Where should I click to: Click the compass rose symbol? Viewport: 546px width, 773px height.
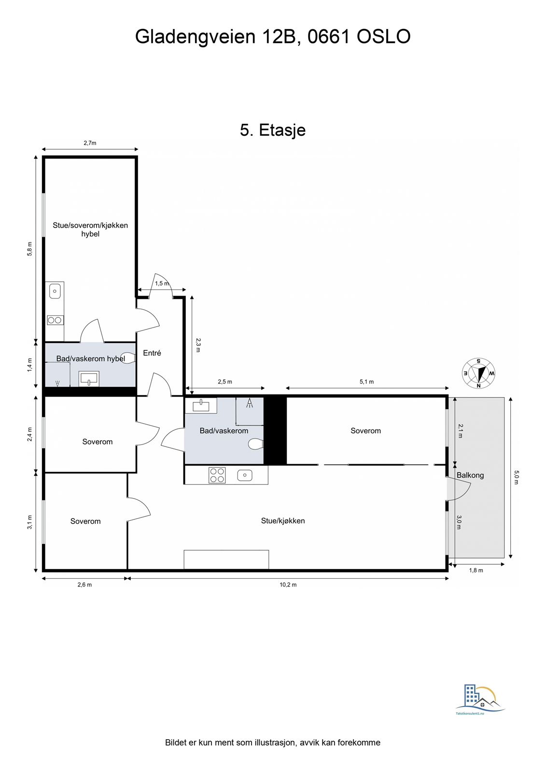pyautogui.click(x=478, y=373)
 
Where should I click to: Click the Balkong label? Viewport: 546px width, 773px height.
pyautogui.click(x=470, y=475)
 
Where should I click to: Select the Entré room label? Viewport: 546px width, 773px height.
pyautogui.click(x=152, y=353)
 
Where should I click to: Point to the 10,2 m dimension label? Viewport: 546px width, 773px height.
pyautogui.click(x=288, y=585)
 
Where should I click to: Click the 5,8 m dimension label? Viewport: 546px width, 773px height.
pyautogui.click(x=30, y=249)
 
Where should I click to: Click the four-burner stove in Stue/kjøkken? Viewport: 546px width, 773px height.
pyautogui.click(x=217, y=475)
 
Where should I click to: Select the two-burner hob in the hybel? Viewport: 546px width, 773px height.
pyautogui.click(x=55, y=320)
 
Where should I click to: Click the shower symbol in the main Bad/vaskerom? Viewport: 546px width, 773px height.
pyautogui.click(x=250, y=403)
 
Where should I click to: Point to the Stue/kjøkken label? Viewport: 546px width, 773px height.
pyautogui.click(x=283, y=521)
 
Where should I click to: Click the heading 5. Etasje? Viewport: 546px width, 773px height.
pyautogui.click(x=273, y=130)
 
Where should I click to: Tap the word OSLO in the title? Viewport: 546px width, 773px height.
pyautogui.click(x=383, y=37)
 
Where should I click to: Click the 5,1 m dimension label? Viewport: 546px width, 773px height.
pyautogui.click(x=366, y=382)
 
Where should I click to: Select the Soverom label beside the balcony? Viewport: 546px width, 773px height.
pyautogui.click(x=365, y=431)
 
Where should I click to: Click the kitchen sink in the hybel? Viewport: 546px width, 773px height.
pyautogui.click(x=55, y=291)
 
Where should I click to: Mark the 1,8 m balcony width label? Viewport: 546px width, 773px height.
pyautogui.click(x=476, y=571)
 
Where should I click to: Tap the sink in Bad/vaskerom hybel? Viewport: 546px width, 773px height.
pyautogui.click(x=89, y=379)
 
